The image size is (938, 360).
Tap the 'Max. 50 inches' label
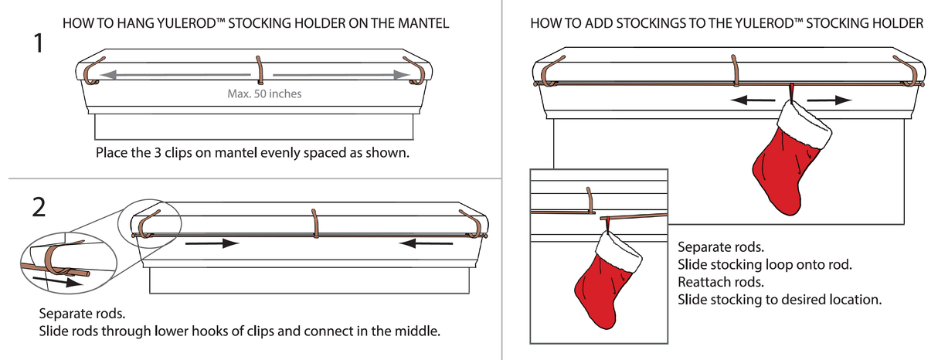[x=264, y=94]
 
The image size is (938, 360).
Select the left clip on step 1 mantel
[x=93, y=71]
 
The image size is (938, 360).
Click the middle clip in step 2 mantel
[x=314, y=222]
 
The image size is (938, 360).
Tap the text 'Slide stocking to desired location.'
[x=779, y=298]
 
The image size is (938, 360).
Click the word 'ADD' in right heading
[x=590, y=24]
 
